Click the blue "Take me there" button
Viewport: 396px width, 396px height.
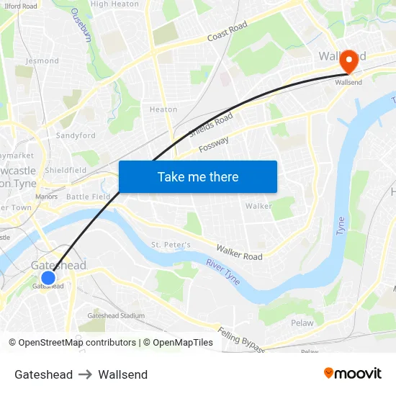click(197, 176)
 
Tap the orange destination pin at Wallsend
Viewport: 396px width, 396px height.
click(350, 61)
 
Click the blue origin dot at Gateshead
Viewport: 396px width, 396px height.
click(48, 278)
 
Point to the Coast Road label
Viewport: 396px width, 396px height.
click(227, 32)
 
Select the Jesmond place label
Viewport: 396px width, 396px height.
click(42, 61)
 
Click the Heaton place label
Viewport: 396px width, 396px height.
click(163, 109)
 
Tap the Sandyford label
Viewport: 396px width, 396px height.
click(76, 135)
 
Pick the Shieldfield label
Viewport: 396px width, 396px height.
click(66, 170)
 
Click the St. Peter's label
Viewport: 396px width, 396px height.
click(171, 245)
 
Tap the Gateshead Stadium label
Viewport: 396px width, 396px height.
click(116, 315)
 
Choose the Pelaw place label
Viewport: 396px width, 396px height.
click(302, 323)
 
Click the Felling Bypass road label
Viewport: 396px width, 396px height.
click(241, 339)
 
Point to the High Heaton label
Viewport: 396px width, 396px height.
click(114, 4)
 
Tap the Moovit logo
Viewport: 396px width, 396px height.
click(352, 373)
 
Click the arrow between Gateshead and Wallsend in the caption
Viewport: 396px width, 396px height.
click(86, 374)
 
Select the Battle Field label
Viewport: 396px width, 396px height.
click(88, 197)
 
